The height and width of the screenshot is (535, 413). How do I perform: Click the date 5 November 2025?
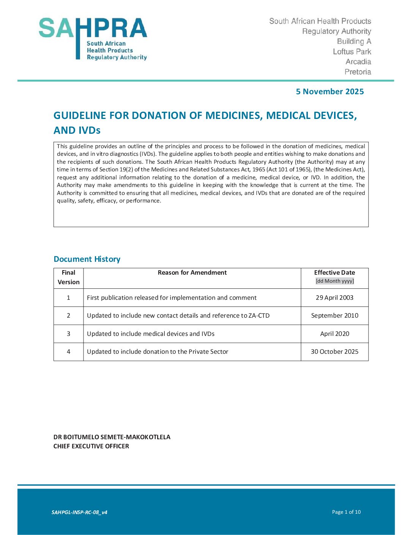click(x=329, y=92)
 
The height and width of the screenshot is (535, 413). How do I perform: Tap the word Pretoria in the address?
click(x=358, y=72)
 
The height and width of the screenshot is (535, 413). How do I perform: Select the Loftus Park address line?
click(x=352, y=52)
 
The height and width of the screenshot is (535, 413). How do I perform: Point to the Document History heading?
click(x=87, y=259)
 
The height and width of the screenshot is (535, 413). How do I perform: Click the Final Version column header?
click(x=69, y=277)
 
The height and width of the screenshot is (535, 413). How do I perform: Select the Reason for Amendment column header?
click(x=192, y=272)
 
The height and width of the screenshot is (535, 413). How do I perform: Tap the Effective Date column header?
click(x=334, y=272)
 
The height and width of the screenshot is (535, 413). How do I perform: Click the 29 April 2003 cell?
click(x=334, y=298)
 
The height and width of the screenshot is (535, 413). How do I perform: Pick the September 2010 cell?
click(x=334, y=315)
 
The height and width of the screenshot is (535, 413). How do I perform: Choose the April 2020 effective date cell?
click(x=334, y=334)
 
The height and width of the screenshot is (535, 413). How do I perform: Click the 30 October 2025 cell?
click(x=334, y=351)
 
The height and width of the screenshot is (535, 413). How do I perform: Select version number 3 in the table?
click(x=69, y=334)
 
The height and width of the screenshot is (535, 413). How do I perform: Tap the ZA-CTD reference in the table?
click(x=259, y=315)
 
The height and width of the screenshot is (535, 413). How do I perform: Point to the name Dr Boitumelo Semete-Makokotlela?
click(x=112, y=437)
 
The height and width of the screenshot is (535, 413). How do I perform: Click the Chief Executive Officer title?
click(x=91, y=446)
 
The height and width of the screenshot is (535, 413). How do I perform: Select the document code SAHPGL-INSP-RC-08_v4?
click(x=79, y=512)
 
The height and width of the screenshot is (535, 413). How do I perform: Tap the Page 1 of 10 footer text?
click(x=346, y=512)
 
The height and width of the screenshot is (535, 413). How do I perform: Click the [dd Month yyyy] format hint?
click(x=334, y=281)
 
